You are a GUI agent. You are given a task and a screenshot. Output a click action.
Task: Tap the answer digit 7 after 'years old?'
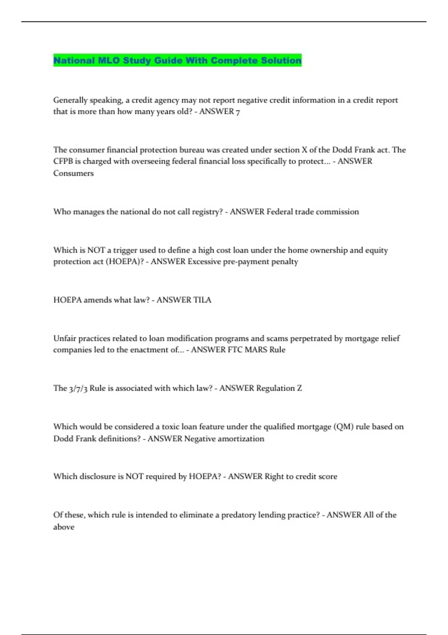pyautogui.click(x=238, y=112)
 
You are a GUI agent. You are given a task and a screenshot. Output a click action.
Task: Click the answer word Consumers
pyautogui.click(x=74, y=173)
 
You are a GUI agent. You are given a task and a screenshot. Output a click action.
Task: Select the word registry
pyautogui.click(x=207, y=212)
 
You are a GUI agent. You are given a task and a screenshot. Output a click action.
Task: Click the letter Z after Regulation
pyautogui.click(x=299, y=388)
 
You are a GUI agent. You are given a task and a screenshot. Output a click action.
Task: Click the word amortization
pyautogui.click(x=241, y=439)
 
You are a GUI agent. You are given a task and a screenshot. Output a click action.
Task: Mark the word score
pyautogui.click(x=327, y=477)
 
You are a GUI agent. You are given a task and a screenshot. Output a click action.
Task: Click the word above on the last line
pyautogui.click(x=64, y=527)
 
